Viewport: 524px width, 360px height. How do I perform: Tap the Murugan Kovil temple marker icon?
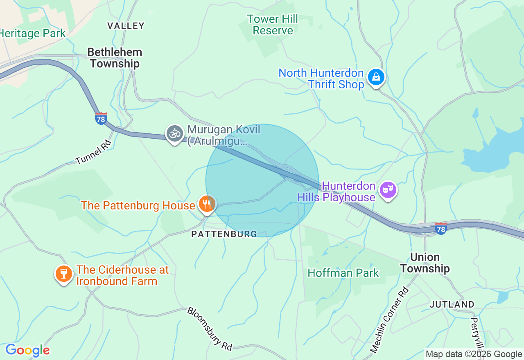point(175,134)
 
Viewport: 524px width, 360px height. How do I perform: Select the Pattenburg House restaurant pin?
point(207,204)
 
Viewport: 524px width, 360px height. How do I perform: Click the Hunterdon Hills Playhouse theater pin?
point(388,190)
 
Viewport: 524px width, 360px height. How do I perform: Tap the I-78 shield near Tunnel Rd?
point(101,119)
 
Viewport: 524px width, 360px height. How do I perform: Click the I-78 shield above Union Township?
point(440,228)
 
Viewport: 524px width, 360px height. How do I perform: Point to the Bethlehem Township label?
point(115,58)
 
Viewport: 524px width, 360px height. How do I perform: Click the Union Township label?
point(425,263)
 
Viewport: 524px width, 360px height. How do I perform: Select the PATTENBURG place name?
point(224,234)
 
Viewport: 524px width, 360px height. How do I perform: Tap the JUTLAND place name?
point(452,304)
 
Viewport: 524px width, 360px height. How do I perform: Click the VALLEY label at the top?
point(126,26)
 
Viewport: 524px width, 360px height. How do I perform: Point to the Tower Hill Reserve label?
point(273,25)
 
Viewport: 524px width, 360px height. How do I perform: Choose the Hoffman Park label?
point(343,273)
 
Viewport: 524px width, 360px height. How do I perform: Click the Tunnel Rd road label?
point(94,152)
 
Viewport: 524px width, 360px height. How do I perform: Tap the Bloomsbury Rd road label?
point(210,328)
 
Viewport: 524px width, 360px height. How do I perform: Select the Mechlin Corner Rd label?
point(389,320)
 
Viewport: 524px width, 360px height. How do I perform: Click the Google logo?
point(27,350)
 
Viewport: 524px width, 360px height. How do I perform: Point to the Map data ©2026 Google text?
point(474,354)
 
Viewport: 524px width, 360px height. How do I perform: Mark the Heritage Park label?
point(32,33)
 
